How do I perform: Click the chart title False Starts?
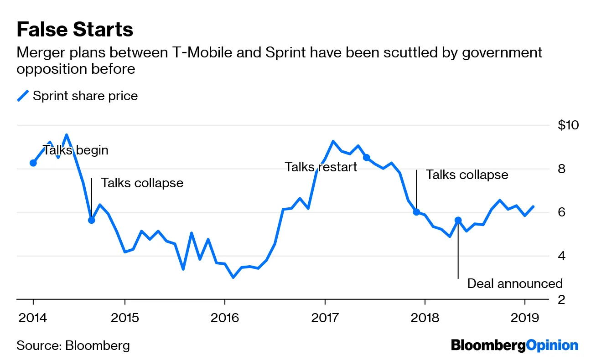[x=75, y=30]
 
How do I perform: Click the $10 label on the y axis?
[x=568, y=125]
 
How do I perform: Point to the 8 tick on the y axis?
[x=561, y=169]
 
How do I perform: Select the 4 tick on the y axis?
[x=561, y=256]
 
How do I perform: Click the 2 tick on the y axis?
[x=561, y=299]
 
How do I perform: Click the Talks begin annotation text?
[x=76, y=150]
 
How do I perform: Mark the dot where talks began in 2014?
[x=33, y=163]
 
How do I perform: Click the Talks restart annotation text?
[x=321, y=167]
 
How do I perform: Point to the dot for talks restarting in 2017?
[x=366, y=158]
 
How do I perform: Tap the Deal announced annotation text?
[x=515, y=283]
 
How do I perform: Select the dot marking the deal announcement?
[x=458, y=220]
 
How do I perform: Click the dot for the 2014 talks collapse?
[x=91, y=220]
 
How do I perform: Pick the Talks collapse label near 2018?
[x=467, y=175]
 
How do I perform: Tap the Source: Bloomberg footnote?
[x=73, y=345]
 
